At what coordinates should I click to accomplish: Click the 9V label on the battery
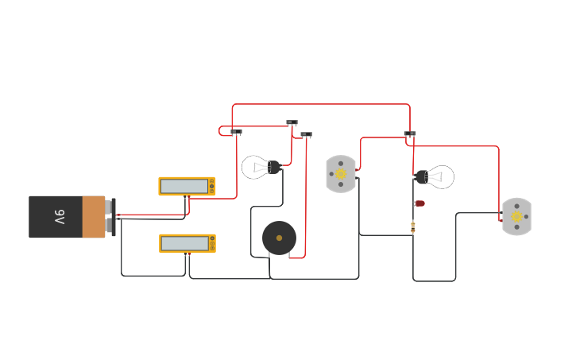tap(60, 216)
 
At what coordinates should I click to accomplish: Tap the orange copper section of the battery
tap(94, 216)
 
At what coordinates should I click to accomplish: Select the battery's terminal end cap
tap(113, 216)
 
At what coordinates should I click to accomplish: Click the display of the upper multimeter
tap(184, 186)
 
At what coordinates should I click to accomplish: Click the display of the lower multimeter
tap(184, 243)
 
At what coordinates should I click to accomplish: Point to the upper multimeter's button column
tap(211, 186)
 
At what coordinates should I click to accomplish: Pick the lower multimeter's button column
tap(211, 243)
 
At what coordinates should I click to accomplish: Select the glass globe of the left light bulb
tap(255, 167)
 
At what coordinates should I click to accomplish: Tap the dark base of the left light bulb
tap(274, 167)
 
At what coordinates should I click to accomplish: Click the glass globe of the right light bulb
tap(441, 176)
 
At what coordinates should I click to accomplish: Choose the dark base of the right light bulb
tap(421, 176)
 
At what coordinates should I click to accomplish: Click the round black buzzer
tap(279, 238)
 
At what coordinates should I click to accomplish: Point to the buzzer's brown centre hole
tap(279, 238)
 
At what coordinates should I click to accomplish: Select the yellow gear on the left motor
tap(341, 174)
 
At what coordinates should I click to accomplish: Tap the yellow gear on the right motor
tap(516, 217)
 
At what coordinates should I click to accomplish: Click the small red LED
tap(419, 203)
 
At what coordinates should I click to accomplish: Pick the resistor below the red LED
tap(412, 226)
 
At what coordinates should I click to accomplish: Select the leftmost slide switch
tap(236, 132)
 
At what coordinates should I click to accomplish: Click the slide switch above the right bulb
tap(409, 134)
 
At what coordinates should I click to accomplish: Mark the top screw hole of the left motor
tap(341, 162)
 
